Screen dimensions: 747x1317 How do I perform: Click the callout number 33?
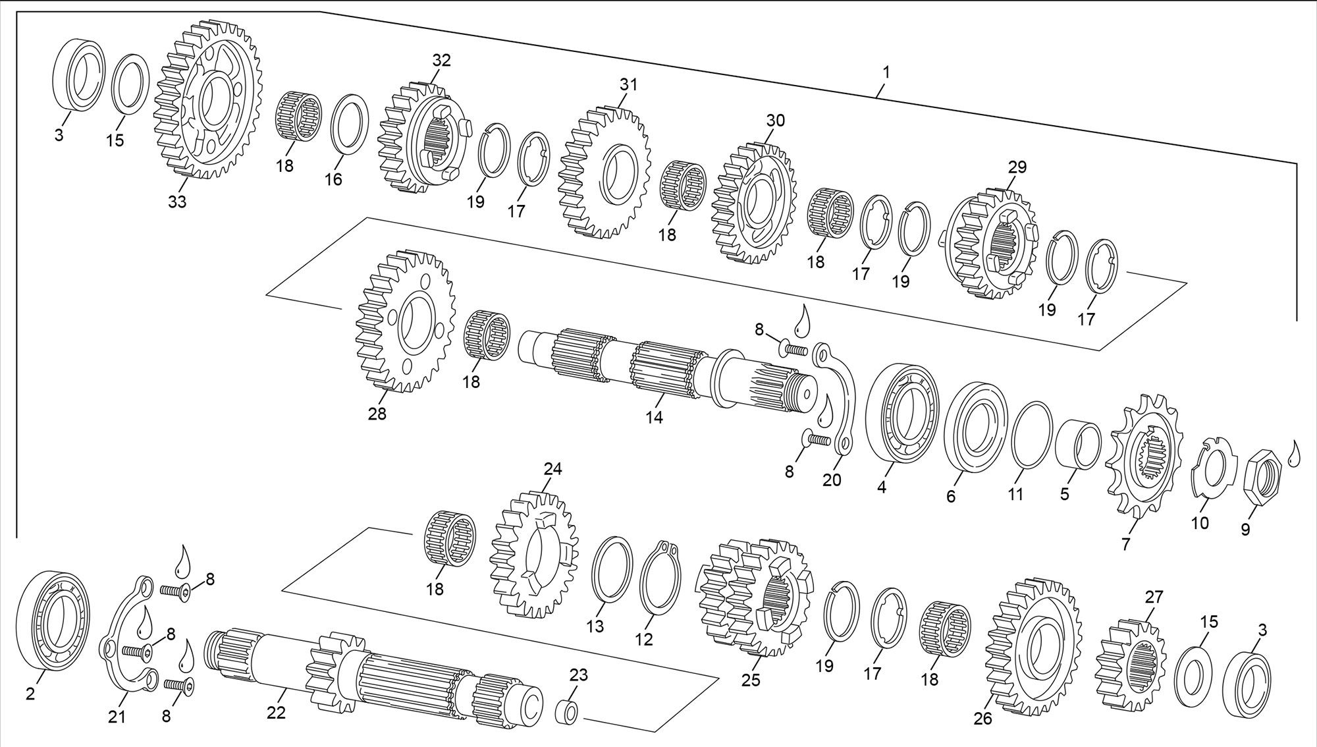(177, 202)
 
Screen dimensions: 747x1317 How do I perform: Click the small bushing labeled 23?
(570, 712)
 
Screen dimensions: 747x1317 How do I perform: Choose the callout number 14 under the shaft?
(654, 416)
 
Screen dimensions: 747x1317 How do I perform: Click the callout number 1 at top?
(886, 72)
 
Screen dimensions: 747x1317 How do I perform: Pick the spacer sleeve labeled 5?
(1078, 444)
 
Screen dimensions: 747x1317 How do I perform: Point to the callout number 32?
(441, 60)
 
